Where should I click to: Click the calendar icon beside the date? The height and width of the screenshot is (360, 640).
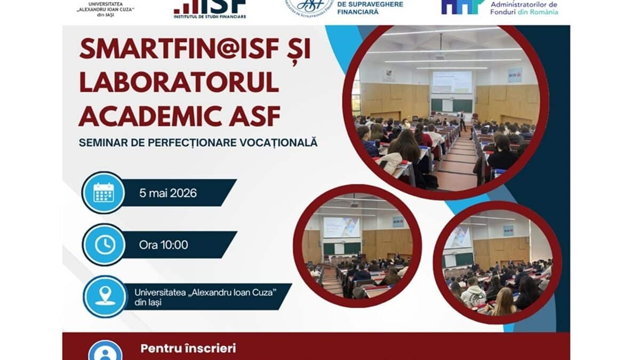(103, 193)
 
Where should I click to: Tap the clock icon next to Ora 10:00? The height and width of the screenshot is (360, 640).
(105, 244)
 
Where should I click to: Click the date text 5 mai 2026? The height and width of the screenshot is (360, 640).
(168, 193)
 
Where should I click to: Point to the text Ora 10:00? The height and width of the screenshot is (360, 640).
(163, 245)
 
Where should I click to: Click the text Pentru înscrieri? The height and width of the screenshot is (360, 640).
(188, 349)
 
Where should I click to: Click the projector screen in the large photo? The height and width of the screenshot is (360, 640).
(451, 82)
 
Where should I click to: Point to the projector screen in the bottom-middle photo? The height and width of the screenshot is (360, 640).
(341, 227)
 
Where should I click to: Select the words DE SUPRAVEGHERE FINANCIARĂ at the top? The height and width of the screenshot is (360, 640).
(370, 8)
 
